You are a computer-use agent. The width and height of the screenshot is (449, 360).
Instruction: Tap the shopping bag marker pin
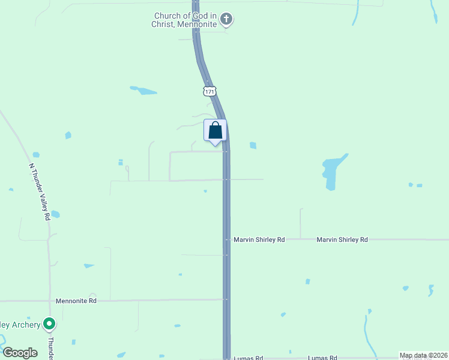215,131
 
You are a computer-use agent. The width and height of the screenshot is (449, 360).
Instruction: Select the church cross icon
226,20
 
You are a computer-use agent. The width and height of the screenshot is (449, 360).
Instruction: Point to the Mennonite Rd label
76,301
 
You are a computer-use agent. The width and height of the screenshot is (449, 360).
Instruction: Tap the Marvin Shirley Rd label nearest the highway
259,239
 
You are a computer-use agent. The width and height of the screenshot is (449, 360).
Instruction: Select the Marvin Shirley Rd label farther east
342,239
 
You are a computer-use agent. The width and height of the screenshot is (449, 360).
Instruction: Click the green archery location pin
50,325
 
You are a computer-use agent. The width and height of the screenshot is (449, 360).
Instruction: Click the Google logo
20,353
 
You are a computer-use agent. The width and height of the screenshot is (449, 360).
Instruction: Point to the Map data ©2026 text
423,355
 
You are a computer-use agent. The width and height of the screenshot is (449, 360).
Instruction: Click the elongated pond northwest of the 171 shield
143,91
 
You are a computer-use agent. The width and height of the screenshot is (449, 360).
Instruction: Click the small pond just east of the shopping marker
253,145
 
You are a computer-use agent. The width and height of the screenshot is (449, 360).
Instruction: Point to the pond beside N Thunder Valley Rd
55,214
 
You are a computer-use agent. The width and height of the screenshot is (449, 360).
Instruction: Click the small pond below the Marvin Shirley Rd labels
308,281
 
